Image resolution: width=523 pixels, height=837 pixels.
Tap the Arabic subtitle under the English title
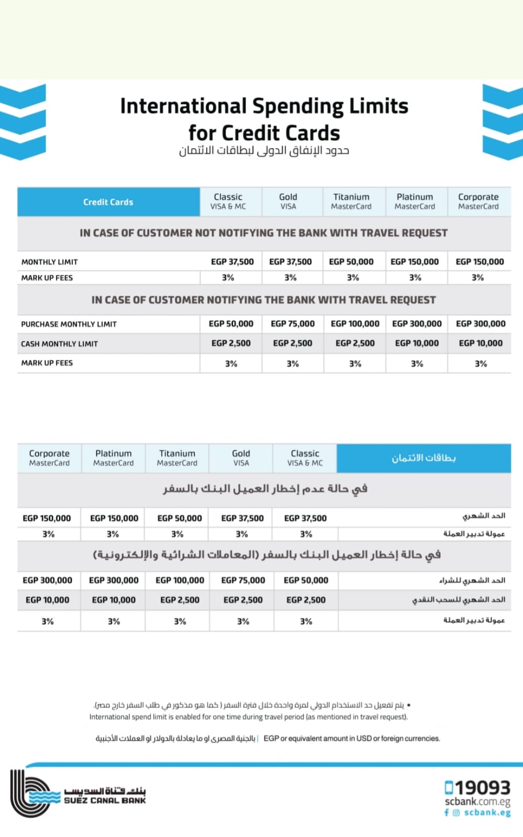(x=264, y=151)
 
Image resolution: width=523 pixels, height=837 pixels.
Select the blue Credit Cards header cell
(x=108, y=202)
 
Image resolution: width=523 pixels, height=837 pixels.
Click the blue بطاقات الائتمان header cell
(x=424, y=458)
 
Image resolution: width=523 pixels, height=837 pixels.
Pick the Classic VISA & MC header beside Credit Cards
(x=228, y=202)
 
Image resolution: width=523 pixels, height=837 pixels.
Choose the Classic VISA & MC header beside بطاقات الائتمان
(x=305, y=458)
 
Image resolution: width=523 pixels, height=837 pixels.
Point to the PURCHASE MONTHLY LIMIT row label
(x=69, y=324)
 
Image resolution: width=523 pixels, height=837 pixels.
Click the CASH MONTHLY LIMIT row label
(x=59, y=344)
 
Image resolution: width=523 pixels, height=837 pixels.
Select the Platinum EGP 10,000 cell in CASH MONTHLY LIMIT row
(x=417, y=343)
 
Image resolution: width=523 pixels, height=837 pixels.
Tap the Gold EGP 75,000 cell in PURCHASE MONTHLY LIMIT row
(x=293, y=324)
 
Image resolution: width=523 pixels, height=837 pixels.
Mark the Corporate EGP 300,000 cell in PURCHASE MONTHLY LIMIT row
(x=480, y=324)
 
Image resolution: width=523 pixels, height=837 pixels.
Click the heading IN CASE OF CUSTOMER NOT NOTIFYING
(x=263, y=233)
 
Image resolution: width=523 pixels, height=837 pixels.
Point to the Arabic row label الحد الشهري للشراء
(x=472, y=581)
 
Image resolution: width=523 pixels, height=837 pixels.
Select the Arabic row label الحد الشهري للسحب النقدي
(x=459, y=600)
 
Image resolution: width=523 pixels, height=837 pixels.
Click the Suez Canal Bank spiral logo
(x=33, y=793)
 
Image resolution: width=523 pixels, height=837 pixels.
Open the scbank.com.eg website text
(x=477, y=801)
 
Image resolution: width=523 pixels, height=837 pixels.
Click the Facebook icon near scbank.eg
(x=447, y=813)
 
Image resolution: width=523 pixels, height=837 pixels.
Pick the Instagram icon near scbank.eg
(x=456, y=813)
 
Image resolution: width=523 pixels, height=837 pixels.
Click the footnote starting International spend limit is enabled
(x=248, y=717)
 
